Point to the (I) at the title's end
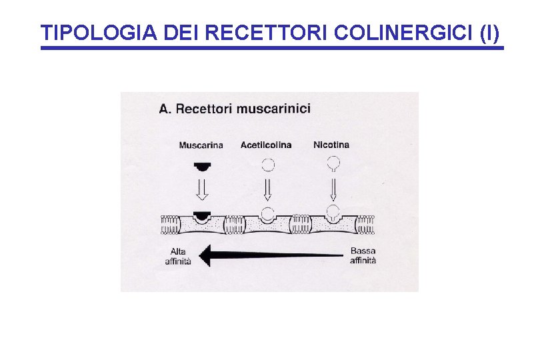tap(488, 33)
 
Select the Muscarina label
tap(201, 145)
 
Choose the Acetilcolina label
tap(266, 145)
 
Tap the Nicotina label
tap(331, 145)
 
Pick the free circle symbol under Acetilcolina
tap(267, 163)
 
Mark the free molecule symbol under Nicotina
tap(332, 163)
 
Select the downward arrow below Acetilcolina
tap(267, 189)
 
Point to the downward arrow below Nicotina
tap(332, 189)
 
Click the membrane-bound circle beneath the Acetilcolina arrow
tap(267, 214)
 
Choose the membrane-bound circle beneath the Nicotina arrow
tap(332, 213)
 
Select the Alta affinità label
tap(178, 256)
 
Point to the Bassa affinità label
tap(363, 256)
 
